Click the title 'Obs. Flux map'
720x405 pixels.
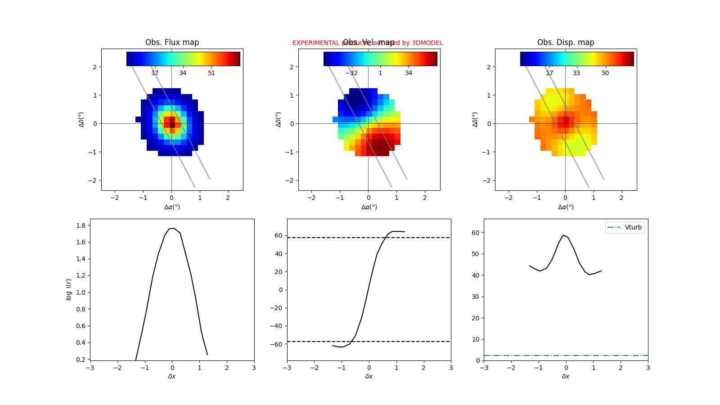tap(172, 42)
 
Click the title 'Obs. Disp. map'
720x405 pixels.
tap(566, 42)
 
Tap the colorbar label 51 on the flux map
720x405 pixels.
tap(211, 73)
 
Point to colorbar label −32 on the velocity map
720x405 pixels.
tap(351, 73)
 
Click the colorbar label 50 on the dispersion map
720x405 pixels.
tap(605, 73)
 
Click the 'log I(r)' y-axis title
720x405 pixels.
tap(69, 289)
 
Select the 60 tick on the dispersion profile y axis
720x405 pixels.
tap(475, 233)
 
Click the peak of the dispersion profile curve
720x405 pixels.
tap(563, 235)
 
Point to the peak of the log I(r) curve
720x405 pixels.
tap(174, 228)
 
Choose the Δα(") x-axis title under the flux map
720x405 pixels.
tap(172, 207)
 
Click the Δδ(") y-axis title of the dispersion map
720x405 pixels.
tap(475, 119)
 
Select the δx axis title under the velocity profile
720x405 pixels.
tap(369, 376)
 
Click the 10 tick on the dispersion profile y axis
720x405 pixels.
tap(475, 339)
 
